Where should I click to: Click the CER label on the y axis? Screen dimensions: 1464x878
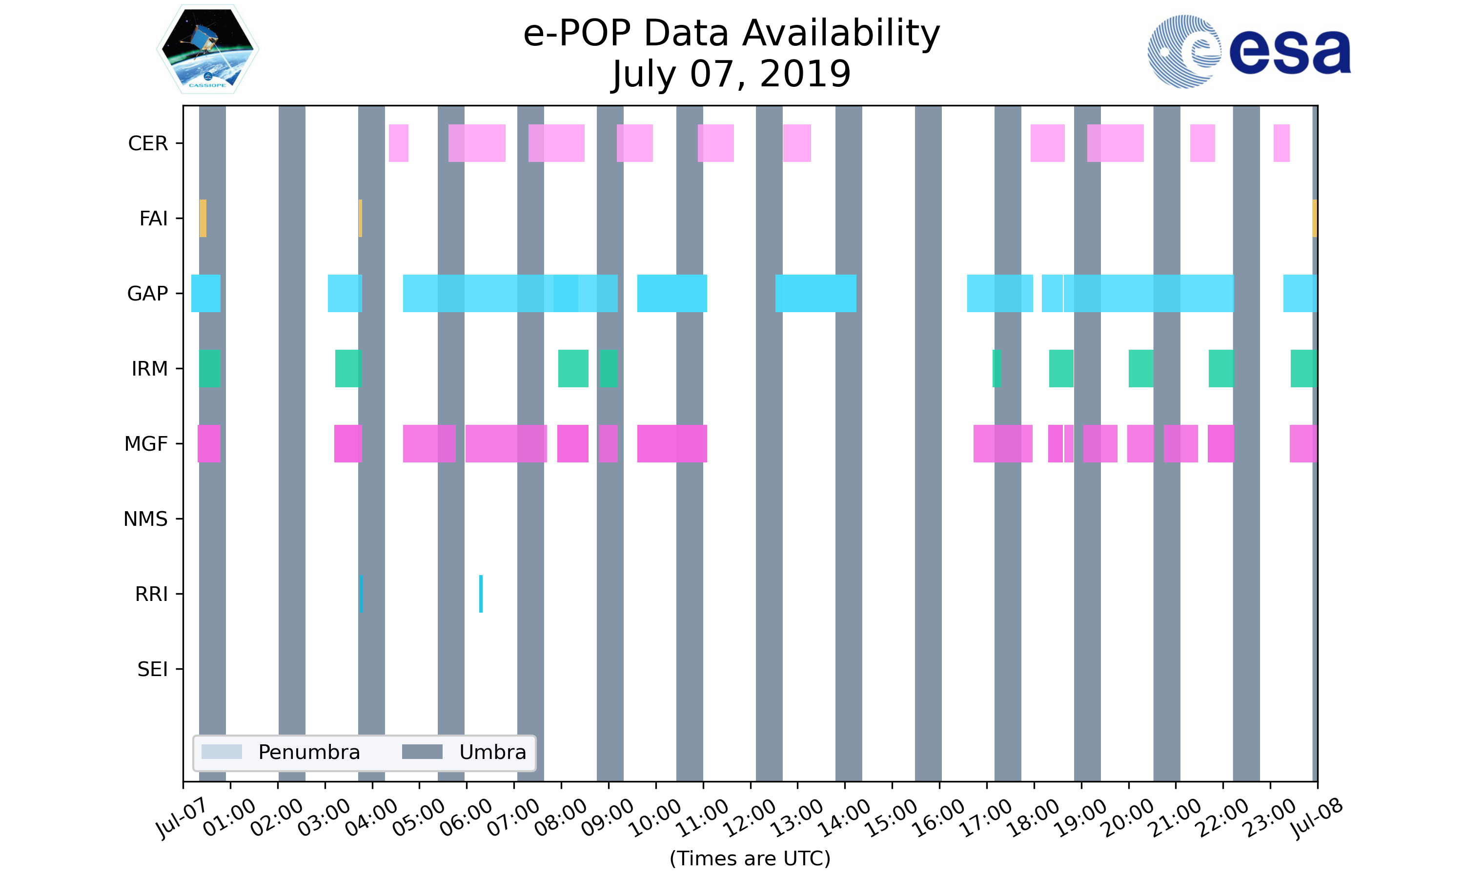click(148, 143)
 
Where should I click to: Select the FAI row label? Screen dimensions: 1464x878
click(153, 219)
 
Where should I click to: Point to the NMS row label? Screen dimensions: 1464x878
click(145, 519)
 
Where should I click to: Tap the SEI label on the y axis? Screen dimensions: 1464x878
click(153, 669)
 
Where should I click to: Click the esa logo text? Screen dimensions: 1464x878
click(1290, 52)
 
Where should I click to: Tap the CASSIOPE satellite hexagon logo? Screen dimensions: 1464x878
click(208, 49)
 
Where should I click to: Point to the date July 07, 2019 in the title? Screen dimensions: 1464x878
click(732, 74)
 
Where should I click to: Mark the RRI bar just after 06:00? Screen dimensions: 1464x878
click(481, 594)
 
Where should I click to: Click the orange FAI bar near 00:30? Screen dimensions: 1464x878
click(203, 219)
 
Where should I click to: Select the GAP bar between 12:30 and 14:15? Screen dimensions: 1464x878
click(816, 294)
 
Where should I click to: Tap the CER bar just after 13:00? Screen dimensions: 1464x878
click(797, 143)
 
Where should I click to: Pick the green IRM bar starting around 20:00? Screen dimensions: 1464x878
click(1141, 369)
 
